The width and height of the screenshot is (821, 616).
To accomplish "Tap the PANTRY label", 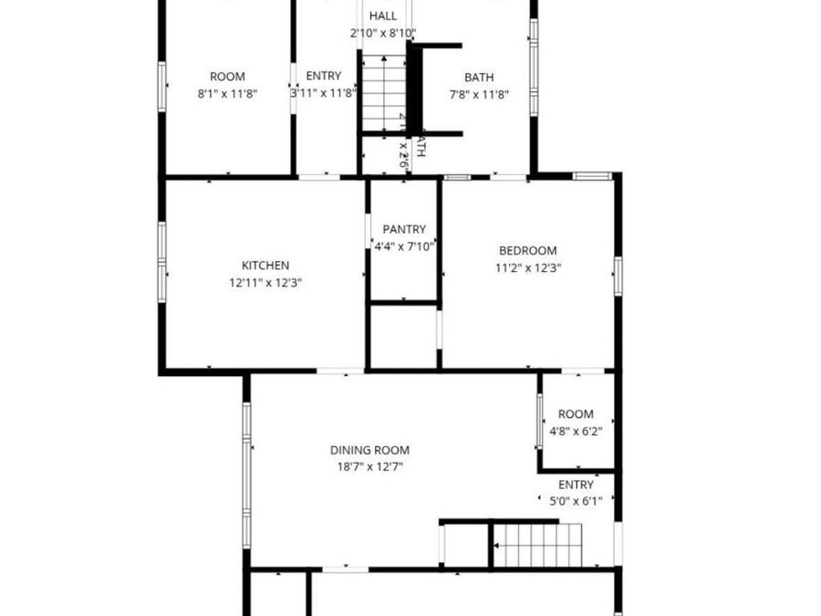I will pyautogui.click(x=404, y=229).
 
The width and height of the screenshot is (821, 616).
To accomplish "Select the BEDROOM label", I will pyautogui.click(x=527, y=251).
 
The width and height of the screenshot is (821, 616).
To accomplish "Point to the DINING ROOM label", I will pyautogui.click(x=369, y=450).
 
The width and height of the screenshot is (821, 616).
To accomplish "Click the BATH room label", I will pyautogui.click(x=479, y=78).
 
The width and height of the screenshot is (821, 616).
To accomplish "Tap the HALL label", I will pyautogui.click(x=382, y=16).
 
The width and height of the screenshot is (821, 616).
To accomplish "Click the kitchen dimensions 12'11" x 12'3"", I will pyautogui.click(x=265, y=283).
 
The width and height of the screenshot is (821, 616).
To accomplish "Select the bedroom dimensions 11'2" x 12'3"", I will pyautogui.click(x=527, y=268).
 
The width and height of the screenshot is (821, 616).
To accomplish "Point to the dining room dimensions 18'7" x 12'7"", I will pyautogui.click(x=369, y=466).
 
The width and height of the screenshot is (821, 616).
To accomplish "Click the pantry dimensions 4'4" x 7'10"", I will pyautogui.click(x=404, y=246).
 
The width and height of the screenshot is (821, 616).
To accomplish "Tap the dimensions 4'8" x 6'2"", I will pyautogui.click(x=576, y=431).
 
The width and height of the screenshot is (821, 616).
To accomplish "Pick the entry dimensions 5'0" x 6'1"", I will pyautogui.click(x=576, y=501).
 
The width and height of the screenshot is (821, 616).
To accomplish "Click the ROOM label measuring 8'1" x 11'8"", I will pyautogui.click(x=227, y=78).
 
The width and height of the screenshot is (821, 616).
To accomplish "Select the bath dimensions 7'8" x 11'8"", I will pyautogui.click(x=479, y=94).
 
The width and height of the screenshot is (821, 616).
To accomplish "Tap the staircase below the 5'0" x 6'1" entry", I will pyautogui.click(x=537, y=545).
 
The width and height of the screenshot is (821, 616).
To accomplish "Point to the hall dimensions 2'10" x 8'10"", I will pyautogui.click(x=382, y=33).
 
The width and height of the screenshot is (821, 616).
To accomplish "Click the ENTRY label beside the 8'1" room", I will pyautogui.click(x=324, y=77).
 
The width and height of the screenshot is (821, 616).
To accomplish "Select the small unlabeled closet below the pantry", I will pyautogui.click(x=403, y=336).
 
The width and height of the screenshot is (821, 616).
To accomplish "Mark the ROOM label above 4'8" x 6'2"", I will pyautogui.click(x=576, y=414).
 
